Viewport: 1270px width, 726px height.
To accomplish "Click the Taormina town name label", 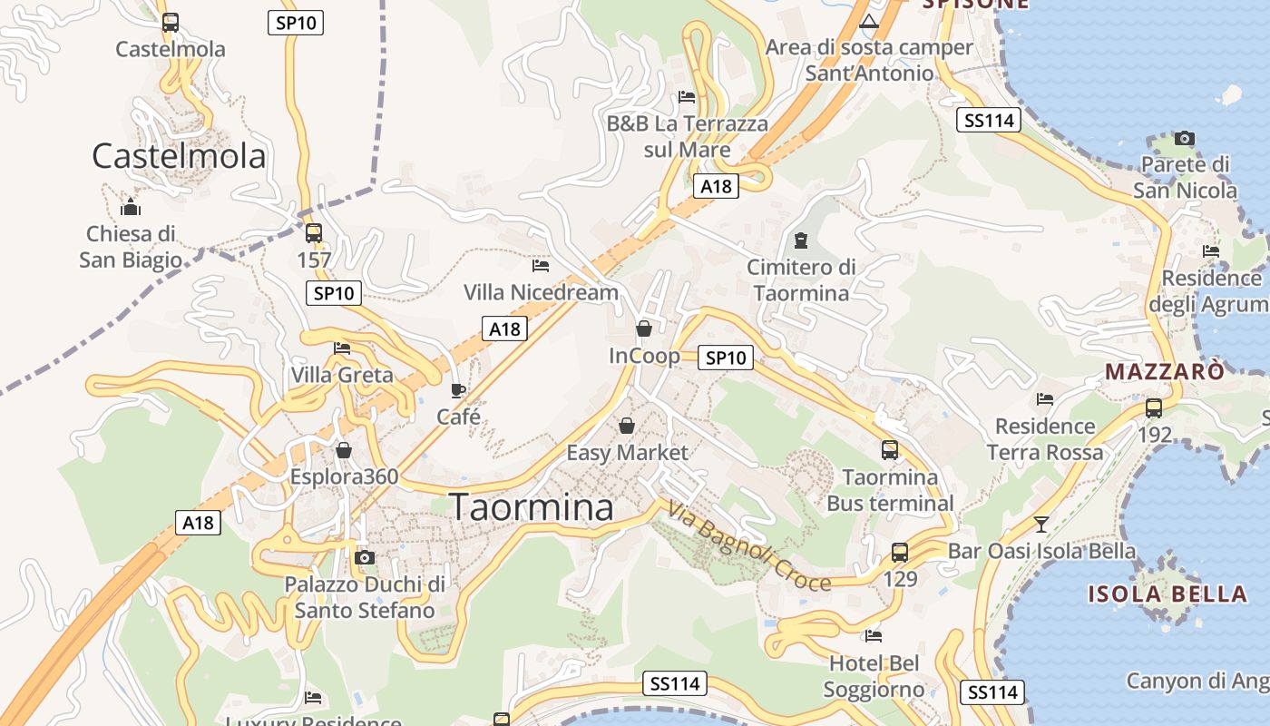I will (x=532, y=507).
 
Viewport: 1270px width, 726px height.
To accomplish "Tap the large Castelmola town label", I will (x=179, y=156).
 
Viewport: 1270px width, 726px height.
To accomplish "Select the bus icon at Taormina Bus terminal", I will (x=890, y=449).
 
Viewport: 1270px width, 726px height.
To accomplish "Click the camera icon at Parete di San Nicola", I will (x=1184, y=139).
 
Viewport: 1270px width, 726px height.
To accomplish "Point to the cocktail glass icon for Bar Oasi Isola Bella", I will (x=1041, y=524).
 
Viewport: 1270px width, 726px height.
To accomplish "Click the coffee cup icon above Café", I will (x=458, y=390).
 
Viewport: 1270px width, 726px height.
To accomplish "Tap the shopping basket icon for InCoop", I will (x=644, y=329).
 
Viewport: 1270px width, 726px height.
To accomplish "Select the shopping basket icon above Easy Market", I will (x=627, y=425).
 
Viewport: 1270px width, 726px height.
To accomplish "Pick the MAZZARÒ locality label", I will (x=1165, y=371).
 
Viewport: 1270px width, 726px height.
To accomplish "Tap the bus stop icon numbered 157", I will (x=314, y=233).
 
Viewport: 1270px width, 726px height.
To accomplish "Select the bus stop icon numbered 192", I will (x=1154, y=408).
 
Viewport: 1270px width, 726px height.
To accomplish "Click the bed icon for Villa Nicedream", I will (x=541, y=266).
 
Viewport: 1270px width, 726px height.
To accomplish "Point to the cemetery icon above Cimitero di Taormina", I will (x=801, y=240).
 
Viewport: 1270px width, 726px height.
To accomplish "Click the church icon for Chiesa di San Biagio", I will (x=131, y=207).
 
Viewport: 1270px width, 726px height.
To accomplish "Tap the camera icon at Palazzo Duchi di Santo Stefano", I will (x=364, y=557).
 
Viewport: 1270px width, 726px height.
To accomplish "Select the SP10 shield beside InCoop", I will (x=726, y=358).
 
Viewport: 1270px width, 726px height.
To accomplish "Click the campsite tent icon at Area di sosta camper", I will (x=869, y=21).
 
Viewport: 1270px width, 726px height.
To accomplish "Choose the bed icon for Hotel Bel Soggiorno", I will (x=873, y=636).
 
